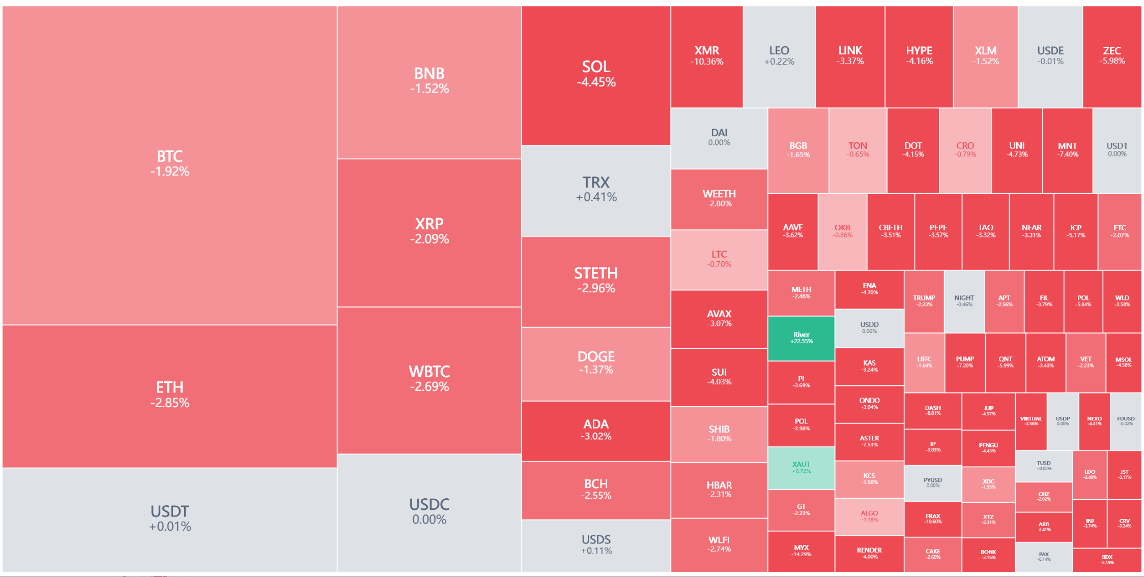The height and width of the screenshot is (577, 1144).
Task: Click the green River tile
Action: pos(800,338)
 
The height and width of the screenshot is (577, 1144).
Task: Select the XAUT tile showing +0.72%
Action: pos(800,467)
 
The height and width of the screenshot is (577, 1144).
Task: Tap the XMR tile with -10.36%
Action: pos(706,56)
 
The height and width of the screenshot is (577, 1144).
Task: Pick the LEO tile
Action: pos(779,56)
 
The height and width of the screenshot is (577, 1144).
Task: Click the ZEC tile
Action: pos(1111,56)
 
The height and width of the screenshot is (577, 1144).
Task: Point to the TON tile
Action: pos(857,149)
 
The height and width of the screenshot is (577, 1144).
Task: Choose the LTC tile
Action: pos(719,259)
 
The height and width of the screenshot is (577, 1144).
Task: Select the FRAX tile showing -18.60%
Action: pos(933,519)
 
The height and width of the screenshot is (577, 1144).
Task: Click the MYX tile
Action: pos(800,551)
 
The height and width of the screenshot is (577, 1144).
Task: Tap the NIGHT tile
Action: pos(964,301)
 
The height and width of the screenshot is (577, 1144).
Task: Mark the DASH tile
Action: pos(933,410)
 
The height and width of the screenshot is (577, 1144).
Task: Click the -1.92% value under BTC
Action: pos(169,172)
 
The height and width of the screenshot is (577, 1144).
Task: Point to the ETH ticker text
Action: pos(169,387)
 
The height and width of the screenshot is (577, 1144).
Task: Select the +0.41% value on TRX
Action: pos(596,197)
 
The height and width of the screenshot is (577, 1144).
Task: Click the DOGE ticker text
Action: pos(596,356)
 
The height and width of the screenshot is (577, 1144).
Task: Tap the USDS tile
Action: pos(596,544)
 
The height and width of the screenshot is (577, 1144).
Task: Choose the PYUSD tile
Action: pos(933,482)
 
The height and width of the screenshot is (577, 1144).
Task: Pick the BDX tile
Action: pos(1107,560)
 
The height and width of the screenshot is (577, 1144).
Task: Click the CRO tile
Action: pos(965,149)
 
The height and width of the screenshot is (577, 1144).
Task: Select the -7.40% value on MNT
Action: pos(1067,155)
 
